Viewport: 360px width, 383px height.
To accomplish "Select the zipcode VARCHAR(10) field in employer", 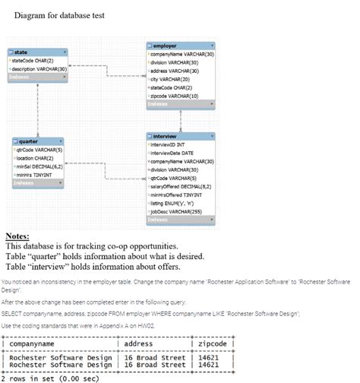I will click(x=175, y=96).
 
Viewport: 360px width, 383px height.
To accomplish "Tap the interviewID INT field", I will click(x=172, y=142).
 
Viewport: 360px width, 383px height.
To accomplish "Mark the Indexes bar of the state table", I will click(x=38, y=77).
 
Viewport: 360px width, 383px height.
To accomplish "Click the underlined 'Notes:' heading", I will click(x=17, y=236).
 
